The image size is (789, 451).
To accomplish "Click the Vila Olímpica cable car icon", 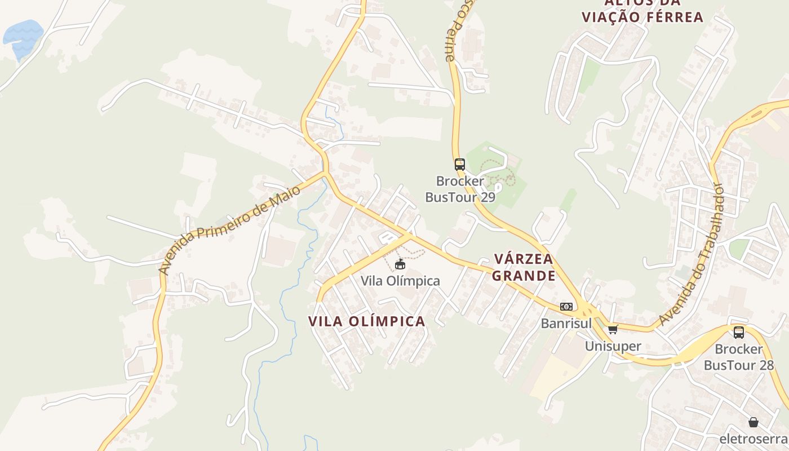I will [x=400, y=264].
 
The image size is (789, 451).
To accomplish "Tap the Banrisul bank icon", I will [x=566, y=307].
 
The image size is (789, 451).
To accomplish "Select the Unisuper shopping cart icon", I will [x=613, y=329].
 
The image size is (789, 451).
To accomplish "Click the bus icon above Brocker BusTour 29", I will [x=460, y=165].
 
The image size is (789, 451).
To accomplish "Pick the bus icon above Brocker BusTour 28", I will [x=739, y=333].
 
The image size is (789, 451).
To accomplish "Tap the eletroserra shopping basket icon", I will [x=753, y=422].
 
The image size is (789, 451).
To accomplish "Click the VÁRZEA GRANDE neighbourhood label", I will [x=524, y=267].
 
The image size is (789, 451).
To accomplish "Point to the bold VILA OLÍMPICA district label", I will [x=367, y=321].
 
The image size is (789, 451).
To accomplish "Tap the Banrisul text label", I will [x=566, y=324].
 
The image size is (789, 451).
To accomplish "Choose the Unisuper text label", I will [x=613, y=346].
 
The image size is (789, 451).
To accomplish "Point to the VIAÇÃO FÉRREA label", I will [x=642, y=16].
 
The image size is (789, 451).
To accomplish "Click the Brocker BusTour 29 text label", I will [x=460, y=189].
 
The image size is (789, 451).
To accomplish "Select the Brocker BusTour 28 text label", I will [x=739, y=357].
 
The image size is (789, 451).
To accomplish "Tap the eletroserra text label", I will [x=752, y=439].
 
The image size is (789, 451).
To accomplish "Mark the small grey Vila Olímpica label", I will [x=400, y=281].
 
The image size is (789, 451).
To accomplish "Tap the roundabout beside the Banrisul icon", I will [x=587, y=311].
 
